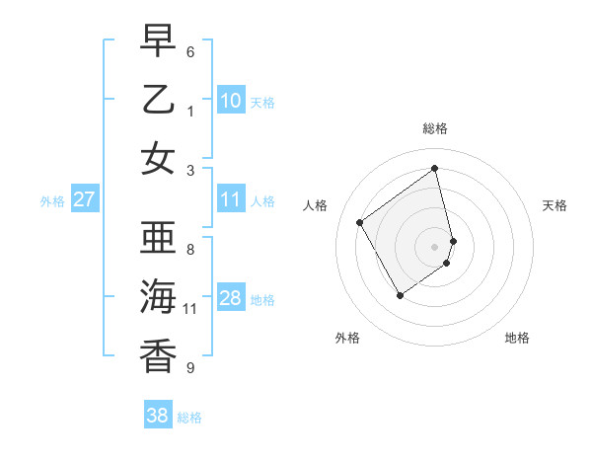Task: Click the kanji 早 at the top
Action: (158, 41)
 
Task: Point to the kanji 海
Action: (158, 297)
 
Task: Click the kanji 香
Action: (158, 356)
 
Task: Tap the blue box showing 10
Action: (230, 101)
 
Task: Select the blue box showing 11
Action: (230, 200)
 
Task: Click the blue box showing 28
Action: (230, 299)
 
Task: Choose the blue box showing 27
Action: (84, 200)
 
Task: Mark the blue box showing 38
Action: (158, 417)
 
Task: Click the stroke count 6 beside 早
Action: (190, 51)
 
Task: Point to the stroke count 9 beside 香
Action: (190, 368)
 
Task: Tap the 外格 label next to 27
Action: (52, 201)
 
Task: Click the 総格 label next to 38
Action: (189, 418)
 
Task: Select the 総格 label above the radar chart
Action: (435, 128)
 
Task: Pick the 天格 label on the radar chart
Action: (555, 205)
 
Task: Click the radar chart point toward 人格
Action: (360, 223)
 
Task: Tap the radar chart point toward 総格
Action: (435, 168)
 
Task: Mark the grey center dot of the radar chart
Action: (435, 246)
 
